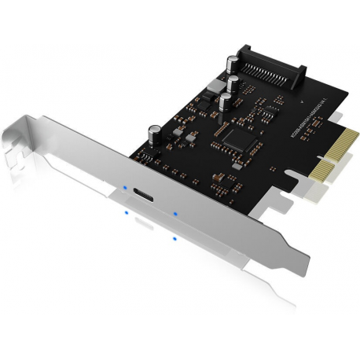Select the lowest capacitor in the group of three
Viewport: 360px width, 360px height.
225,102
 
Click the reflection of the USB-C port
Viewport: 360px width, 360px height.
144,225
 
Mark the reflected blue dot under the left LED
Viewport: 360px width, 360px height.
125,212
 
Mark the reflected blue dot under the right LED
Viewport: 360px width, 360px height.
174,237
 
